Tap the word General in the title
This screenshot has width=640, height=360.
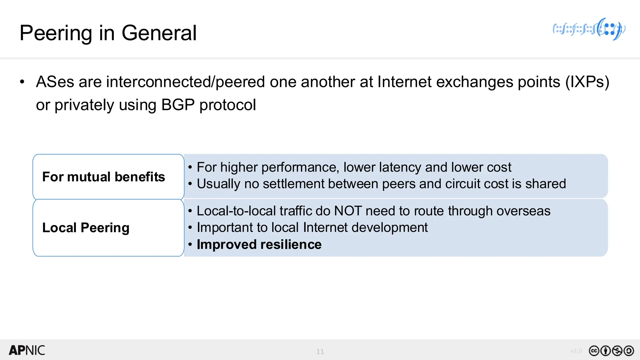coord(159,33)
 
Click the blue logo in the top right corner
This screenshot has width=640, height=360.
coord(589,29)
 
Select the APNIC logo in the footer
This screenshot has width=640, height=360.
coord(27,350)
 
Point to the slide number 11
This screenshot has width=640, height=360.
coord(320,352)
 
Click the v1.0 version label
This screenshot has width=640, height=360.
coord(576,351)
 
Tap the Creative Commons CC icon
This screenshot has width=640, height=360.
coord(594,351)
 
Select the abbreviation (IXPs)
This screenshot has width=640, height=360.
coord(587,82)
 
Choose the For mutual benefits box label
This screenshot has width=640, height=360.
coord(103,177)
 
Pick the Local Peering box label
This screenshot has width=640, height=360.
coord(86,228)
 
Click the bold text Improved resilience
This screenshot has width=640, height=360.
coord(259,244)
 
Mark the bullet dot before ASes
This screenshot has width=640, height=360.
coord(22,82)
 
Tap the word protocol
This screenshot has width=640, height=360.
coord(227,105)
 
